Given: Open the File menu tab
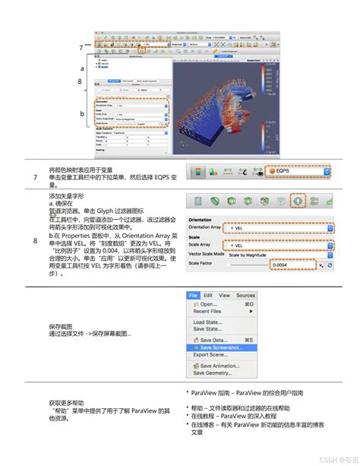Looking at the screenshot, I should (194, 295).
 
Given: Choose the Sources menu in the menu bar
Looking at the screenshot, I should (245, 295).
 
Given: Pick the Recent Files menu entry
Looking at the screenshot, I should (212, 311).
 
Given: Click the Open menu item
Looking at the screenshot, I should (212, 303).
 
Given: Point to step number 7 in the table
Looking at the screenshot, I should (35, 177).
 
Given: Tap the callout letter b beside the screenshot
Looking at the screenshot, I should (81, 114).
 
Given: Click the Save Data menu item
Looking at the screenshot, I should (217, 339).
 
